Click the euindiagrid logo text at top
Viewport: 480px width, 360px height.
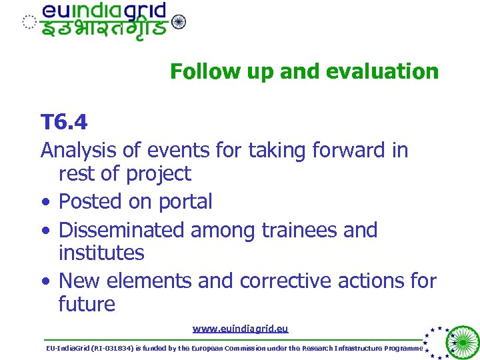click(x=104, y=11)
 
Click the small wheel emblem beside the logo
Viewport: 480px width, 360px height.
click(x=179, y=22)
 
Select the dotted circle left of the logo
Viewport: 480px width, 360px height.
click(x=29, y=22)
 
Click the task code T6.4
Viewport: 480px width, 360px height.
click(x=64, y=123)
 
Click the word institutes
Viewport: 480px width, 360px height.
click(x=101, y=253)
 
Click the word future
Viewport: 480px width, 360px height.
click(x=87, y=305)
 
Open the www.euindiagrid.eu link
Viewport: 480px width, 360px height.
click(x=240, y=329)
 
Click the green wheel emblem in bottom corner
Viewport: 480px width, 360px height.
click(x=461, y=342)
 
